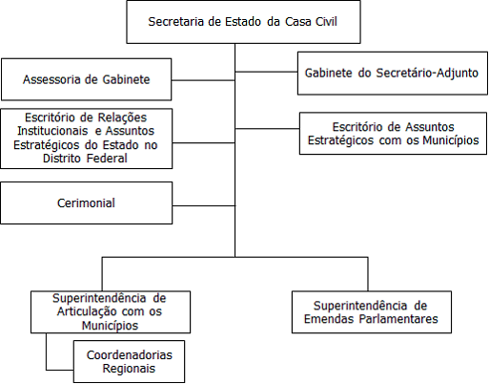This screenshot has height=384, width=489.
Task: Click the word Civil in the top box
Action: [x=326, y=22]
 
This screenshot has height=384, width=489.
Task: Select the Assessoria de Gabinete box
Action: [x=87, y=79]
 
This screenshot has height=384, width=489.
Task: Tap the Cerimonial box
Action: [x=87, y=203]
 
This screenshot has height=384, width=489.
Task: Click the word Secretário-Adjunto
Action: [x=427, y=73]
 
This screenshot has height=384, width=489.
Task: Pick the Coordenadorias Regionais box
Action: [x=129, y=361]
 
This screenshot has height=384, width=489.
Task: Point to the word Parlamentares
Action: [x=398, y=319]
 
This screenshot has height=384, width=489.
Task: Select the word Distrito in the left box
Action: [x=62, y=159]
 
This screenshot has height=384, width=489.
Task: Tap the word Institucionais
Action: [x=52, y=131]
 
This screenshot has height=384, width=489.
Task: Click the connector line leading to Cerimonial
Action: [x=204, y=205]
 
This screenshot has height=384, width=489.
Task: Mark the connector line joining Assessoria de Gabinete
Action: [x=203, y=80]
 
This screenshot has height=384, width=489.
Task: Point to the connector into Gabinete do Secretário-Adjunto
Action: [x=266, y=72]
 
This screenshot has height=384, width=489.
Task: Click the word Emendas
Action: [x=329, y=319]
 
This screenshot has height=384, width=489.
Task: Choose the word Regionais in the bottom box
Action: [x=129, y=369]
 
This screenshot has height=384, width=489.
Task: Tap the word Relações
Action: [x=122, y=117]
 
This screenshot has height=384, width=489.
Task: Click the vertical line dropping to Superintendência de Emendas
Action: [x=368, y=274]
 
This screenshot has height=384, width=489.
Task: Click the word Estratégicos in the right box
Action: [x=340, y=140]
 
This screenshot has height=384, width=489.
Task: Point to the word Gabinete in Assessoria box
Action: [x=126, y=79]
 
